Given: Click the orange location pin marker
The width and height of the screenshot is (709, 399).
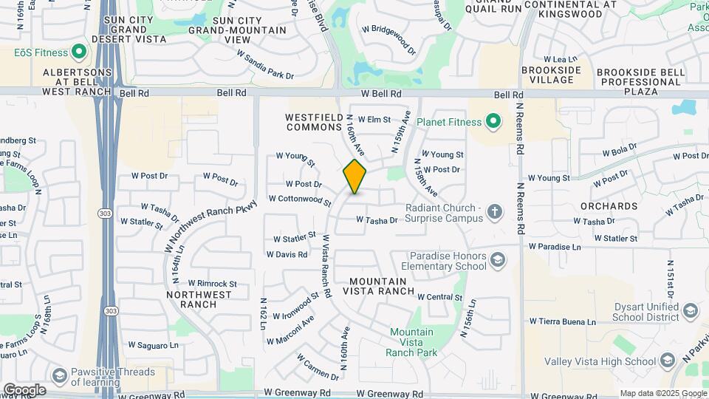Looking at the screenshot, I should [354, 177].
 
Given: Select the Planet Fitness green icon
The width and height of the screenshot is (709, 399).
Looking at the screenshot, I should [493, 122].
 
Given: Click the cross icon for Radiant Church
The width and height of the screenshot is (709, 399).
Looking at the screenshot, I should [494, 213].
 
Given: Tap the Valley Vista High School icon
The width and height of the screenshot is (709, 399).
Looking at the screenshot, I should [668, 361].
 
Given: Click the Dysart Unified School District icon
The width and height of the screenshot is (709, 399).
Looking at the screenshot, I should [691, 310].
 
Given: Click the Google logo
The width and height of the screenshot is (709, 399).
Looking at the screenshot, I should [24, 389].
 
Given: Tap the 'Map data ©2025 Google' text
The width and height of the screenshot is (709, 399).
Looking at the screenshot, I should [662, 393].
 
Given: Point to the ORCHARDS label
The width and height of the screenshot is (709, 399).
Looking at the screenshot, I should [609, 206].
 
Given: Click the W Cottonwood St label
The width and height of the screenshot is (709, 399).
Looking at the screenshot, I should [300, 199].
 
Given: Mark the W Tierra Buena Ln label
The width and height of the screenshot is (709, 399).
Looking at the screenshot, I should [563, 321].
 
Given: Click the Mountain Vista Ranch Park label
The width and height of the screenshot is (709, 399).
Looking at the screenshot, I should [413, 342].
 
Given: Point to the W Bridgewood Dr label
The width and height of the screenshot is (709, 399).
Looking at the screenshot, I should [388, 36].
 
